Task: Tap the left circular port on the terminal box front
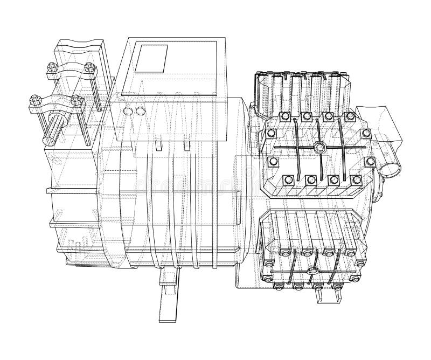pyautogui.click(x=128, y=112)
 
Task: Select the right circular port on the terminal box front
pyautogui.click(x=141, y=112)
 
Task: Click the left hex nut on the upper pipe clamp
pyautogui.click(x=52, y=67)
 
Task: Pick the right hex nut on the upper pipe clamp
pyautogui.click(x=89, y=67)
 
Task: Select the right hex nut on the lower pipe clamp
pyautogui.click(x=75, y=100)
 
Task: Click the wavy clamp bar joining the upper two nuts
pyautogui.click(x=71, y=72)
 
